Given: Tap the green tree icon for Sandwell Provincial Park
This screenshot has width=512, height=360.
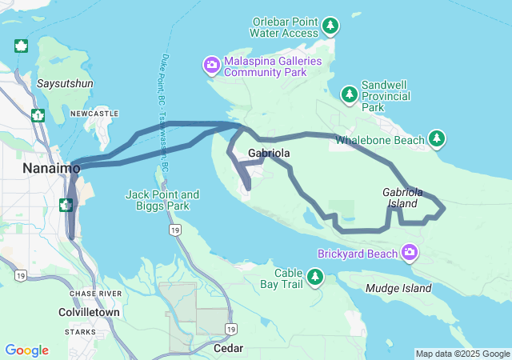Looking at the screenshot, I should point(349,95).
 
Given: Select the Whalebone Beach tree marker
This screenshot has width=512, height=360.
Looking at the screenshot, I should point(437,139).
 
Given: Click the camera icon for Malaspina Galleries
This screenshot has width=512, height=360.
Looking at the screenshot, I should point(212,65).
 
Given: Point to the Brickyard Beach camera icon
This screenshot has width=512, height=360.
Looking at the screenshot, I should point(410,254).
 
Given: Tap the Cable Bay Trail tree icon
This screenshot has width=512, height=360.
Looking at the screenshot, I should point(316,277).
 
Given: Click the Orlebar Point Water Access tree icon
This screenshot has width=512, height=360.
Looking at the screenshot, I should point(330,27).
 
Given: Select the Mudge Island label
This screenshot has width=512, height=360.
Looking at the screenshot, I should point(397,288).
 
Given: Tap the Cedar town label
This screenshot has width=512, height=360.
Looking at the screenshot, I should point(228,348).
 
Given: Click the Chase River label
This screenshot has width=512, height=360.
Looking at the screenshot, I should point(94,294).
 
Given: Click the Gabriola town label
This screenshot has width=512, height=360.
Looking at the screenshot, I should point(268,153).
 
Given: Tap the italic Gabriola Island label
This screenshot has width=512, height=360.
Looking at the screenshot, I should point(401,198).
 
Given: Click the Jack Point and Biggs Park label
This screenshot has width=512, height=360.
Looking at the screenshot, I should point(162,200).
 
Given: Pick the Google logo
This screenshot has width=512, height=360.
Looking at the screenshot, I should point(26,350).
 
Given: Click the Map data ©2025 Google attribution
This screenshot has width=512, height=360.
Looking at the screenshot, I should point(462,354).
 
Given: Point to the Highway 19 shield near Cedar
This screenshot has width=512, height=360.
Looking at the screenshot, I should point(230,329).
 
